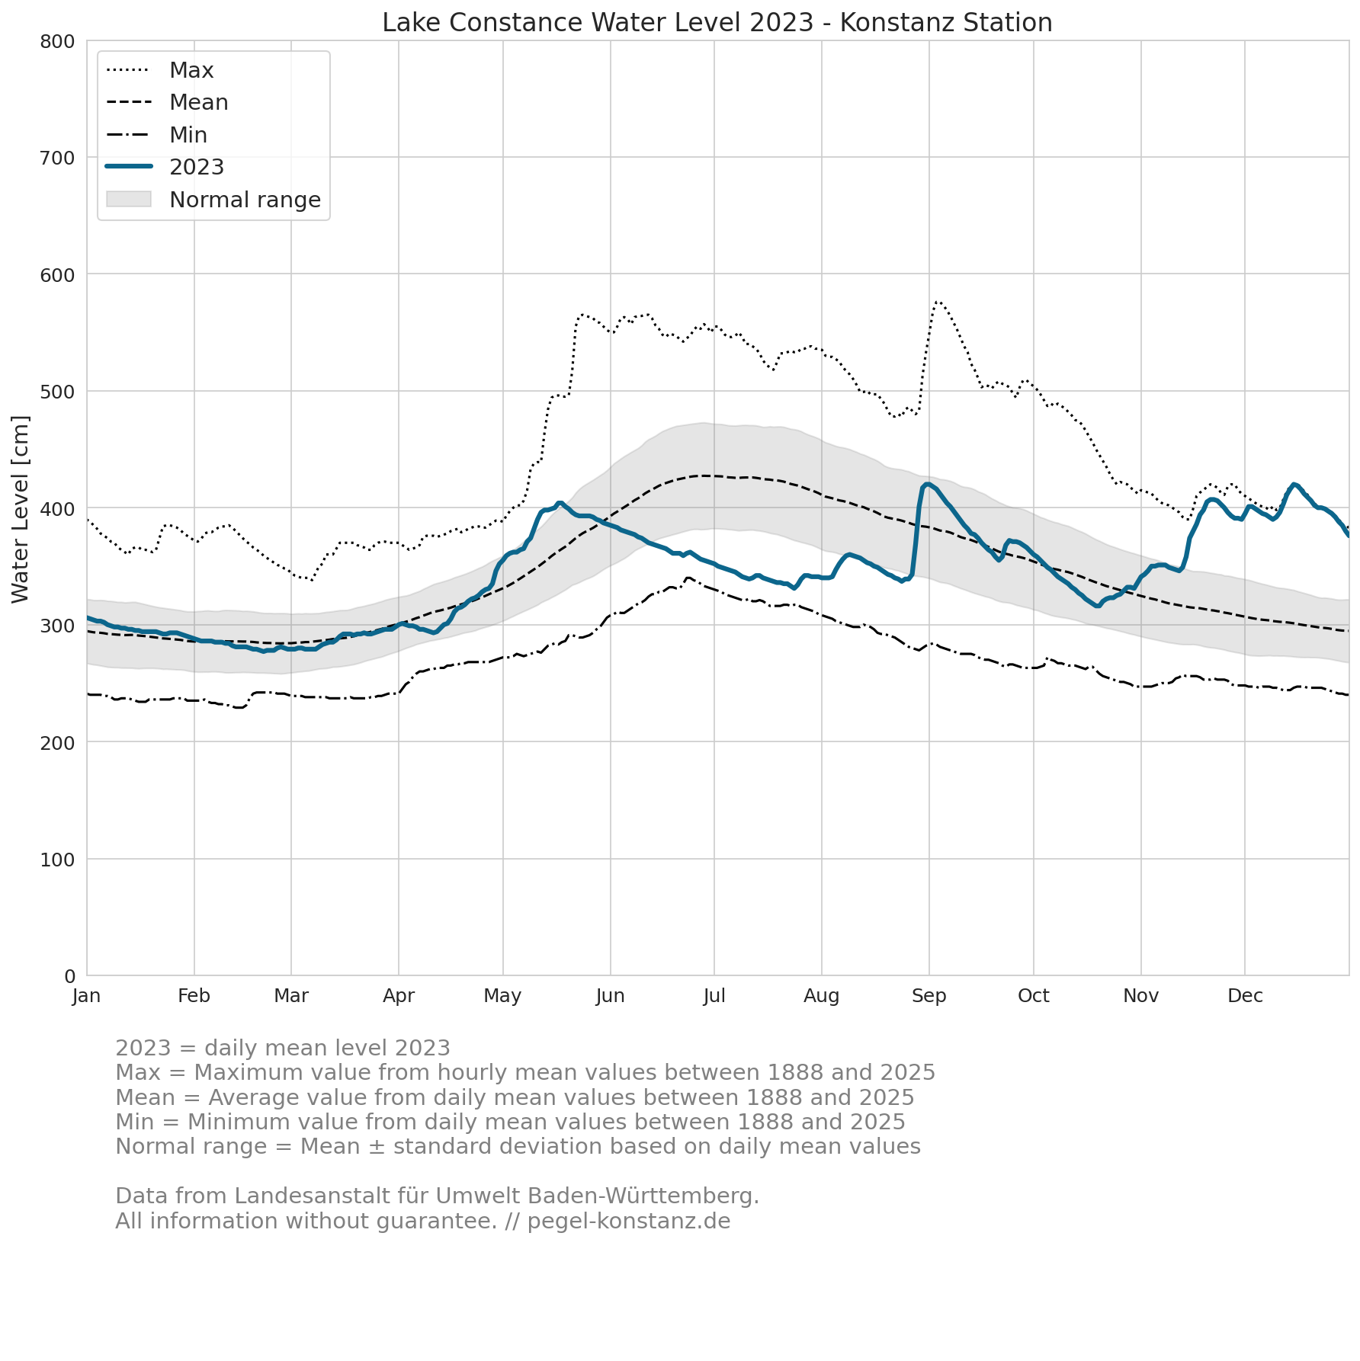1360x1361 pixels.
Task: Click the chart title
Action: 717,23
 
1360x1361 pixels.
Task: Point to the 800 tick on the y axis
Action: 58,41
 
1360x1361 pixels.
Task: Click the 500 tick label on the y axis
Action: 58,392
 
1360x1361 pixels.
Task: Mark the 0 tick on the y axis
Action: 70,976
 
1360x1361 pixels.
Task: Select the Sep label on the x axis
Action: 929,996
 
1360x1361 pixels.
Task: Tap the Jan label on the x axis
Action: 87,996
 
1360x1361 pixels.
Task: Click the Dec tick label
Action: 1245,996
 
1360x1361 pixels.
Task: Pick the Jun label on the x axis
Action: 610,996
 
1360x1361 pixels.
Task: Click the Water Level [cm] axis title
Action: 21,509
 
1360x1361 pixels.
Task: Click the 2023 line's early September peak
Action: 927,484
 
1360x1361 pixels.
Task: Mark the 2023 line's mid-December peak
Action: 1294,485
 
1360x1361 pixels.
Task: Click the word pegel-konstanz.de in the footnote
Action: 629,1221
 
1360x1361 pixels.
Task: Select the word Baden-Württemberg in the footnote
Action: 652,1196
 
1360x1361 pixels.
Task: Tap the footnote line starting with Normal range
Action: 518,1146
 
